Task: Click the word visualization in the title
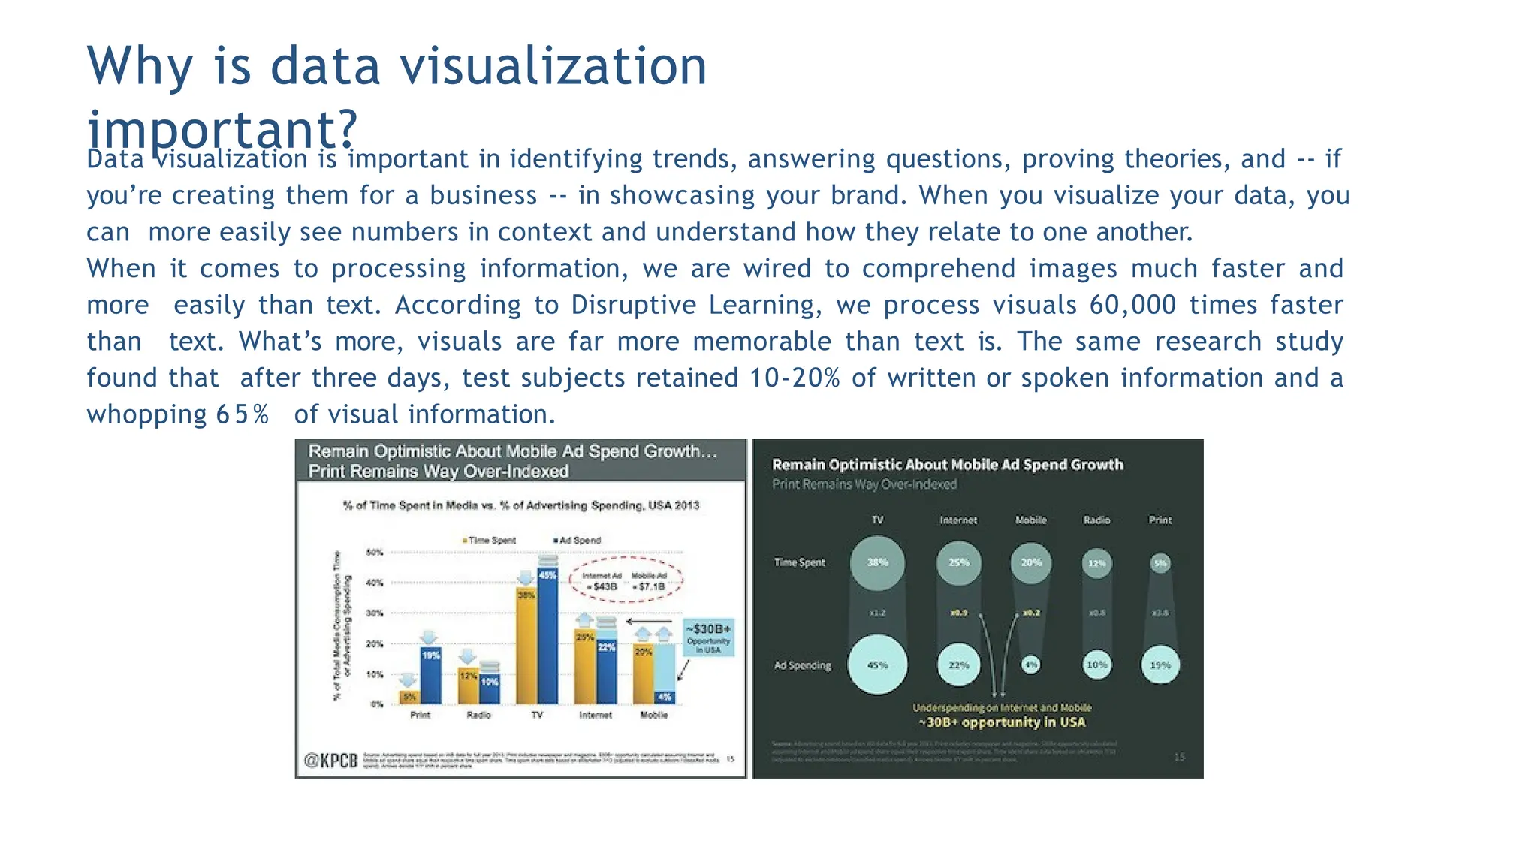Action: coord(553,66)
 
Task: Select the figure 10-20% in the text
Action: coord(795,378)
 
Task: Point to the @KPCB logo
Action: coord(330,761)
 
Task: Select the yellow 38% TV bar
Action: coord(526,646)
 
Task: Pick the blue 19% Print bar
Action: coord(430,676)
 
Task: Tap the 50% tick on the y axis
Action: coord(375,553)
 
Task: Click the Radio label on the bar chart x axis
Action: coord(478,715)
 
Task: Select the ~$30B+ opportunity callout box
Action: coord(707,637)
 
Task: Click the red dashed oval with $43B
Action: coord(626,580)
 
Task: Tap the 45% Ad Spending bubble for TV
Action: coord(877,665)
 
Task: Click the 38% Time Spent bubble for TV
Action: coord(877,562)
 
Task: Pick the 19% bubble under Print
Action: coord(1160,665)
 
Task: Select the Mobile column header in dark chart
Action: coord(1030,520)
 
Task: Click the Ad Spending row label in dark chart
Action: coord(802,665)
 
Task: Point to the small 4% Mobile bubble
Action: coord(1031,665)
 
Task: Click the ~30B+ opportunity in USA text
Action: coord(1002,722)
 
